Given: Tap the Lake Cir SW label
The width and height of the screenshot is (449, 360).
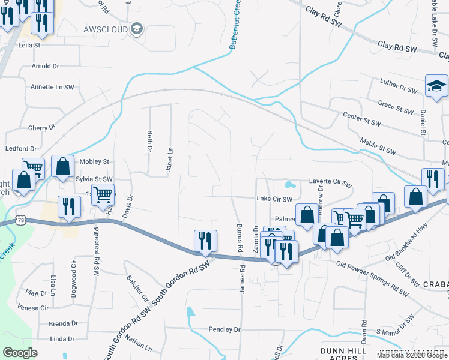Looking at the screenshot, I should pos(274,199).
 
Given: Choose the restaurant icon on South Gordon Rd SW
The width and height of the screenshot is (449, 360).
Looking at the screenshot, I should pos(205,241).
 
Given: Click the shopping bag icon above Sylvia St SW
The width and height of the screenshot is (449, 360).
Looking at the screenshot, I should pos(62,166).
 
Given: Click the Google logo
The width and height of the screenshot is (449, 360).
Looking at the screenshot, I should pos(20,353).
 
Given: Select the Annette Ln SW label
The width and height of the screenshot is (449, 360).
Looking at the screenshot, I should pos(52,87).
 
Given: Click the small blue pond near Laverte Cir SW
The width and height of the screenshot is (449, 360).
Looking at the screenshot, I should pos(290,184).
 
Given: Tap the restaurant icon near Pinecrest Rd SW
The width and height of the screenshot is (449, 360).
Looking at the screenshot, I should pos(68,206).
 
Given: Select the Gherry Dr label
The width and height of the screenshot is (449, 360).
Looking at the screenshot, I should pos(41,127).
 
